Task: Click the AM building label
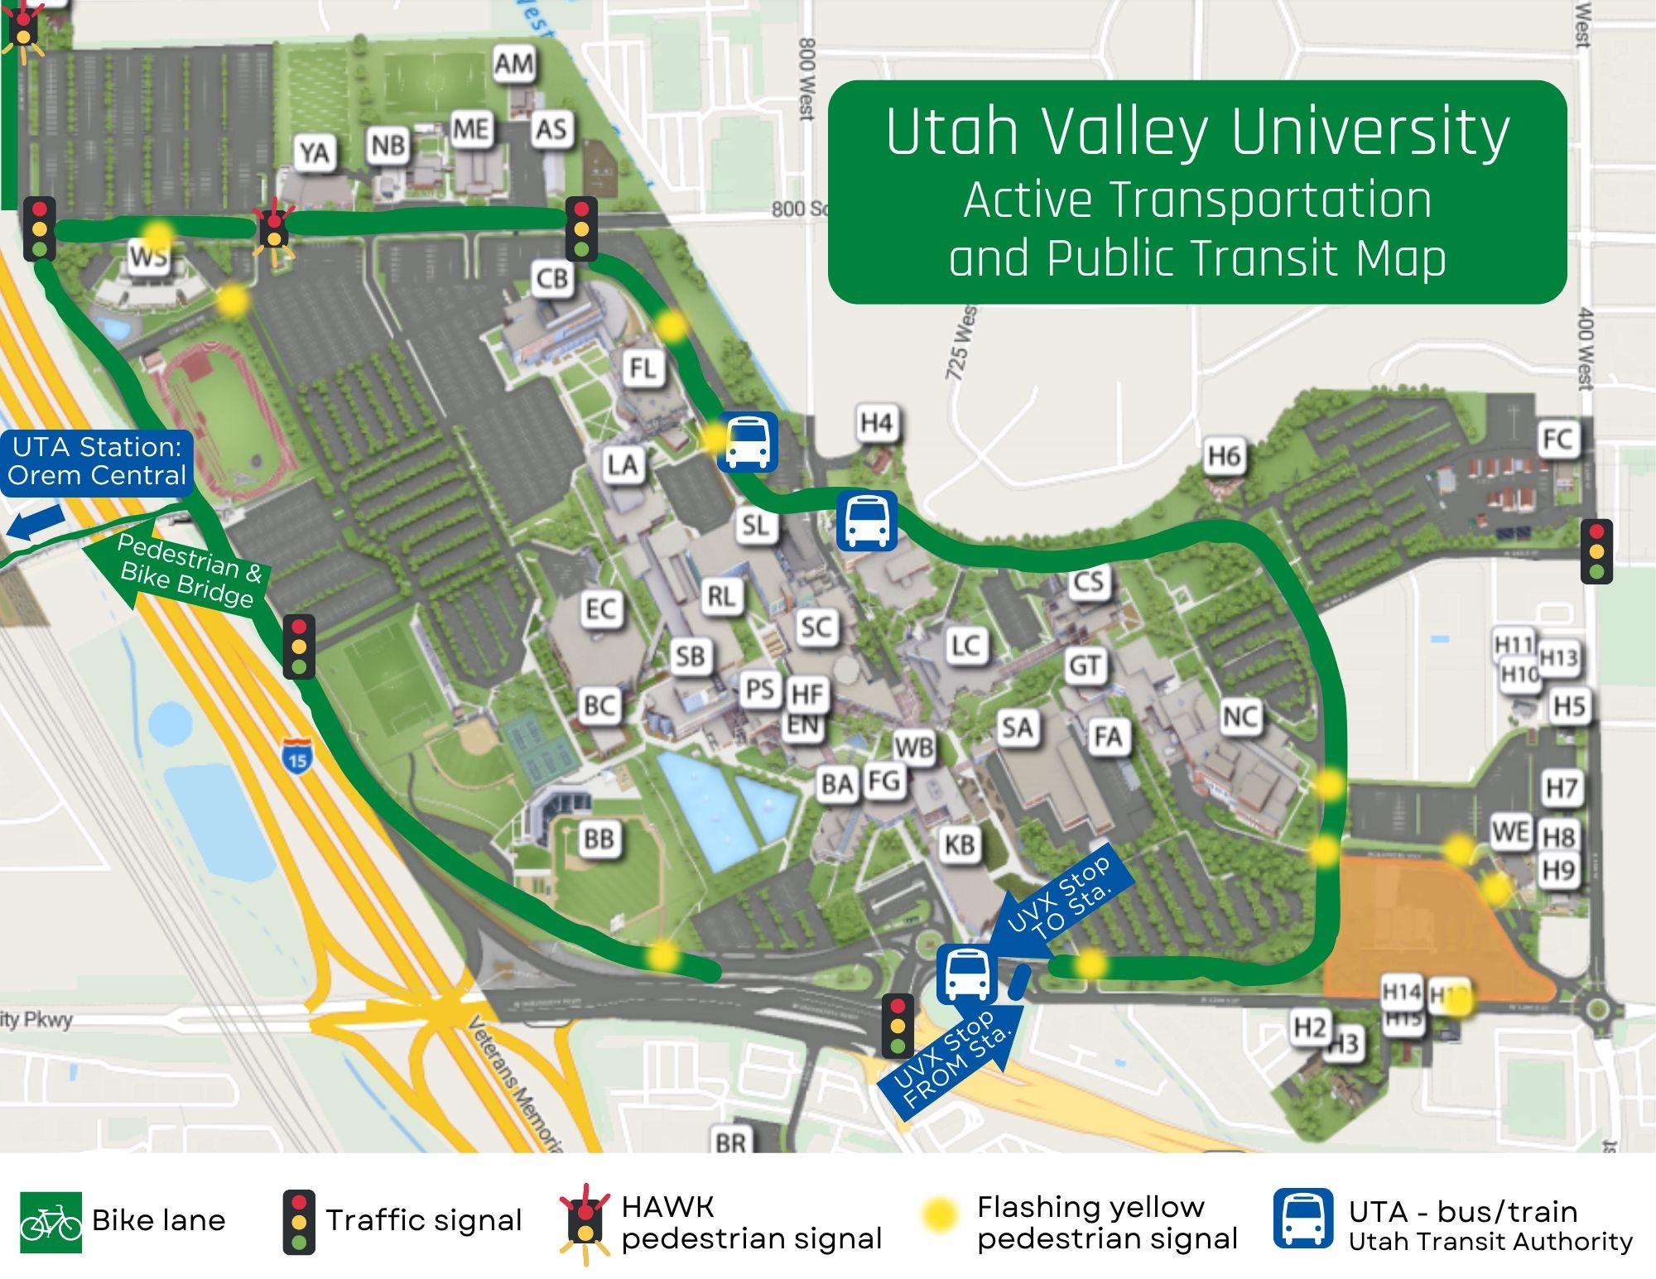[514, 64]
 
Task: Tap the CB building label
[552, 279]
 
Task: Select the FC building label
[1557, 439]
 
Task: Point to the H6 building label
[1224, 456]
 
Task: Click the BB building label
[599, 839]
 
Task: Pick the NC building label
[1240, 716]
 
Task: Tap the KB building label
[960, 844]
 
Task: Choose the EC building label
[600, 609]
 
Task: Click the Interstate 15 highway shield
[297, 756]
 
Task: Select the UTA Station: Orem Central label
[97, 462]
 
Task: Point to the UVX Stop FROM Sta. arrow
[952, 1060]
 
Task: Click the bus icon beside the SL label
[866, 521]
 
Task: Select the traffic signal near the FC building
[1596, 551]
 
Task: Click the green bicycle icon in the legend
[51, 1222]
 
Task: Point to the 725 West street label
[961, 344]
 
